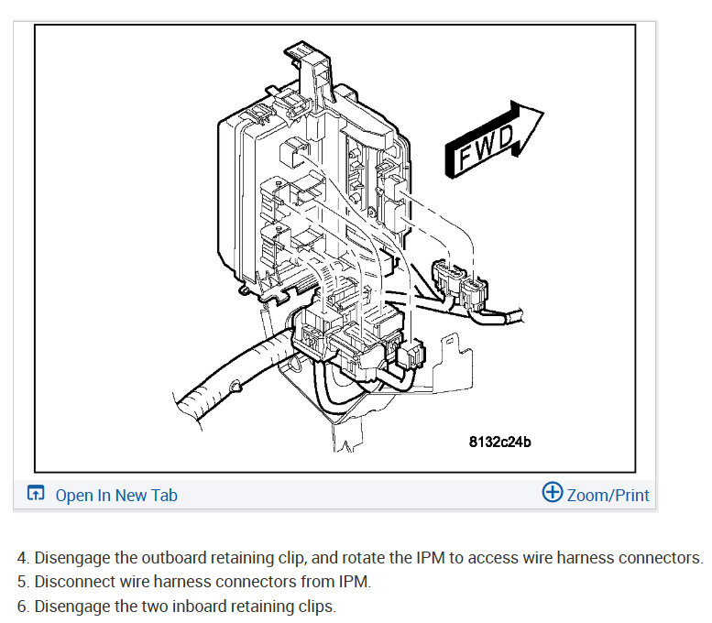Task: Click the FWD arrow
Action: click(492, 137)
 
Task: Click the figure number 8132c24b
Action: click(500, 442)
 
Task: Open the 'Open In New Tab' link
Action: click(115, 496)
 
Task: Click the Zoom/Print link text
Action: click(608, 496)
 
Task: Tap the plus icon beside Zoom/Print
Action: click(553, 493)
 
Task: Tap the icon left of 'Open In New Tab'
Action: click(35, 495)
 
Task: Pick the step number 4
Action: click(22, 558)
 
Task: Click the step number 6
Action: click(22, 606)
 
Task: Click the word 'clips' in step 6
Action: click(317, 606)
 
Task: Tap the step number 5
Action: click(22, 582)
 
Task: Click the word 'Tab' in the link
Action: click(164, 496)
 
